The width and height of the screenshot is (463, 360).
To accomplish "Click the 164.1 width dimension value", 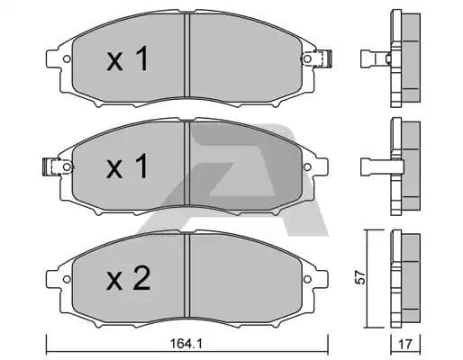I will click(186, 343).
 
